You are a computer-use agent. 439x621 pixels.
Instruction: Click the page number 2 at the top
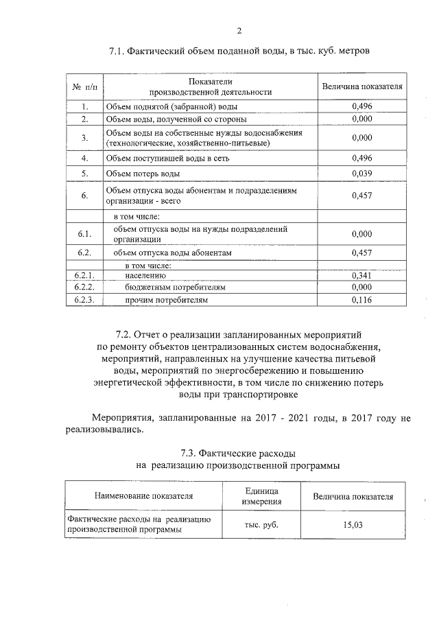click(239, 30)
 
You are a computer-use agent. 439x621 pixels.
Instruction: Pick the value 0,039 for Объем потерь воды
click(361, 173)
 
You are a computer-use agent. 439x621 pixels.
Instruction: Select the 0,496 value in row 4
click(361, 158)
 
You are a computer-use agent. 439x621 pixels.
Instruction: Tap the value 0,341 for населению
click(361, 275)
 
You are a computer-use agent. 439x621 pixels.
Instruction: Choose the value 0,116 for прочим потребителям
click(361, 300)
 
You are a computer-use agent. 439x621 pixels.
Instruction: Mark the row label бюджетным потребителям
click(175, 288)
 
